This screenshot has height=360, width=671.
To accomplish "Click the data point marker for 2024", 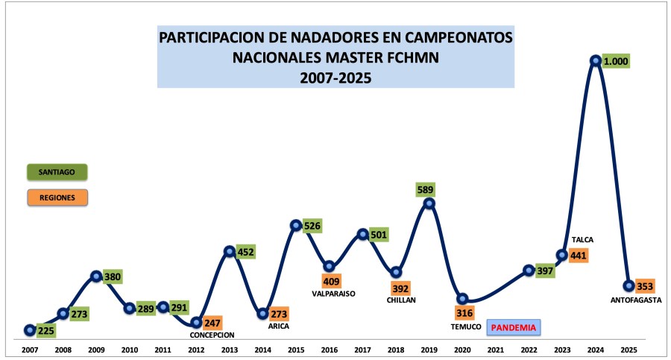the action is pos(595,61).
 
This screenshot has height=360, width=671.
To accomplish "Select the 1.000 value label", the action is pos(616,61).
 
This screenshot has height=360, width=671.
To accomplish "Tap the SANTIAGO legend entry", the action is pos(57,172).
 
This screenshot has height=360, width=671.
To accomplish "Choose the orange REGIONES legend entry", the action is pos(57,198).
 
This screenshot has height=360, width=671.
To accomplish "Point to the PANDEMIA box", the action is pos(514,327).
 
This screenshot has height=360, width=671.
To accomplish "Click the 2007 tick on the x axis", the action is pos(30,350).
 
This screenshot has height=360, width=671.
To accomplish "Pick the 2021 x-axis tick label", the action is pos(496,350).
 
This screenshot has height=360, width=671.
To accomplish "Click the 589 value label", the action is pos(426,189).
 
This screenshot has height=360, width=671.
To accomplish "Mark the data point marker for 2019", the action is pos(429,203).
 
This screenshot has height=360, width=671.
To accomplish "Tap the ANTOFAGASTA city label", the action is pos(636,300).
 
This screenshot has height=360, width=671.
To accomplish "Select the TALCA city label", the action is pos(582,240).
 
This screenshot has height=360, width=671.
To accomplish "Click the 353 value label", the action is pos(645,286).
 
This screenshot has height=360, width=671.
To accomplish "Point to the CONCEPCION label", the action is pos(212,335).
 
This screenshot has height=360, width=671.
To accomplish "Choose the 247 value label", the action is pos(212,323).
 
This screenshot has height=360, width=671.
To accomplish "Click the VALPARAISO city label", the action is pos(333,294).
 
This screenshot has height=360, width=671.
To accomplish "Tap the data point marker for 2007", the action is pos(30,330).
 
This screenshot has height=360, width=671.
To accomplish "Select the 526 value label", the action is pos(312,226).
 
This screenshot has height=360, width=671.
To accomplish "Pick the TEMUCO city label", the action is pos(466,326).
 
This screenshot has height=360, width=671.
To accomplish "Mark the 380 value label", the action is pos(113,277).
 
